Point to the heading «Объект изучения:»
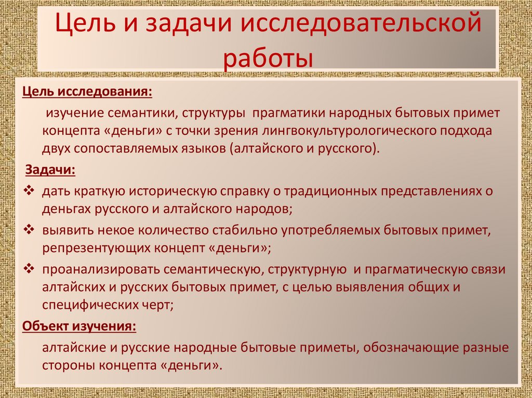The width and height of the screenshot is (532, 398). tap(79, 327)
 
